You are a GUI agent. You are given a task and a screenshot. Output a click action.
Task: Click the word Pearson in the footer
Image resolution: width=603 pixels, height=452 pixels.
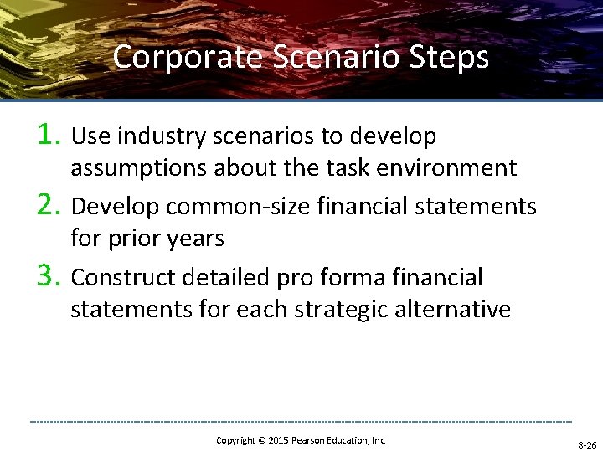point(312,440)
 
